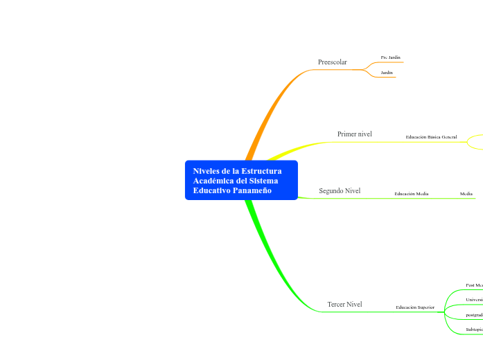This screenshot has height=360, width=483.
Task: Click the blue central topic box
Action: (241, 181)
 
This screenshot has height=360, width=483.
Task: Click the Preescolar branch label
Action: (332, 62)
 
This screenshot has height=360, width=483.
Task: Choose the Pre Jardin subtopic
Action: (390, 57)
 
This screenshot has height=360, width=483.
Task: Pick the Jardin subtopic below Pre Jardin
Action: (387, 72)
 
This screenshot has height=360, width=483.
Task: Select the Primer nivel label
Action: (354, 134)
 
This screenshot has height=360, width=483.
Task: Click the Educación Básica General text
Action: (431, 137)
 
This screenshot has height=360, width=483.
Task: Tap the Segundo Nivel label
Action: (340, 190)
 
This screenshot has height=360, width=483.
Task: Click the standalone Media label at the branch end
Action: (466, 194)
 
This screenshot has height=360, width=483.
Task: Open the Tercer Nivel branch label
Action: (344, 304)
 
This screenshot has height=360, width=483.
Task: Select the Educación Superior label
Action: (415, 307)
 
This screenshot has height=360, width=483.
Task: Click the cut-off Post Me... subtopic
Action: (474, 285)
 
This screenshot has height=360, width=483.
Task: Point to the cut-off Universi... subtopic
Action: (474, 300)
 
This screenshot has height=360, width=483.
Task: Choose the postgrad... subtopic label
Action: (474, 314)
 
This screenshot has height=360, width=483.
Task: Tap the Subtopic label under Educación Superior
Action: (474, 330)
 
